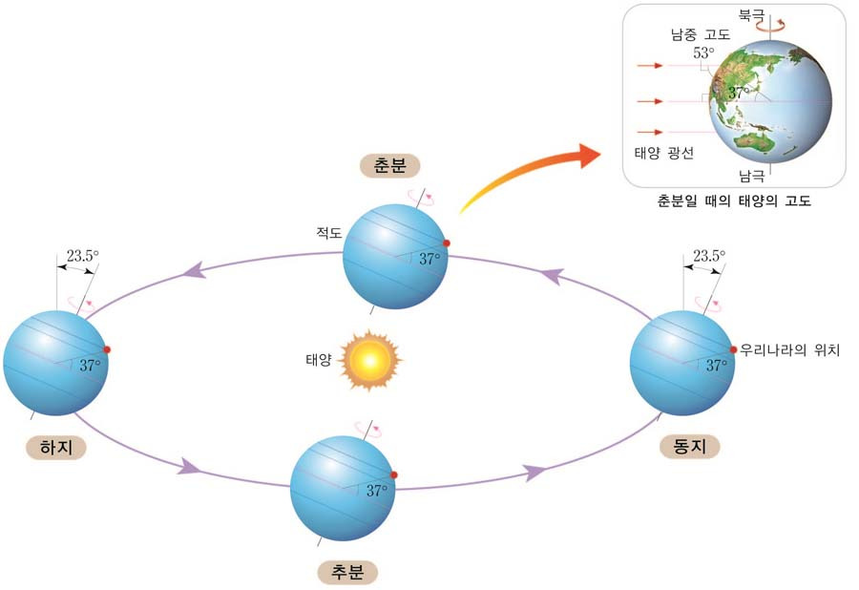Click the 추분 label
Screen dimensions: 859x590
[x=346, y=572]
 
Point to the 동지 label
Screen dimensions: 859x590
[x=689, y=446]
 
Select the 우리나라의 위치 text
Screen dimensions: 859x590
[x=788, y=349]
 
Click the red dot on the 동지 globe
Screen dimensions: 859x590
[x=733, y=349]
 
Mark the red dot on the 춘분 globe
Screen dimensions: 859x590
[x=446, y=243]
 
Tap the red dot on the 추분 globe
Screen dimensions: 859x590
[x=393, y=474]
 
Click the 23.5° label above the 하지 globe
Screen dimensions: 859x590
[x=82, y=256]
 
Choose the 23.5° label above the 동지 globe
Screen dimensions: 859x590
[x=709, y=256]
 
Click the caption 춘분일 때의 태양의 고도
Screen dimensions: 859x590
[x=734, y=201]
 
